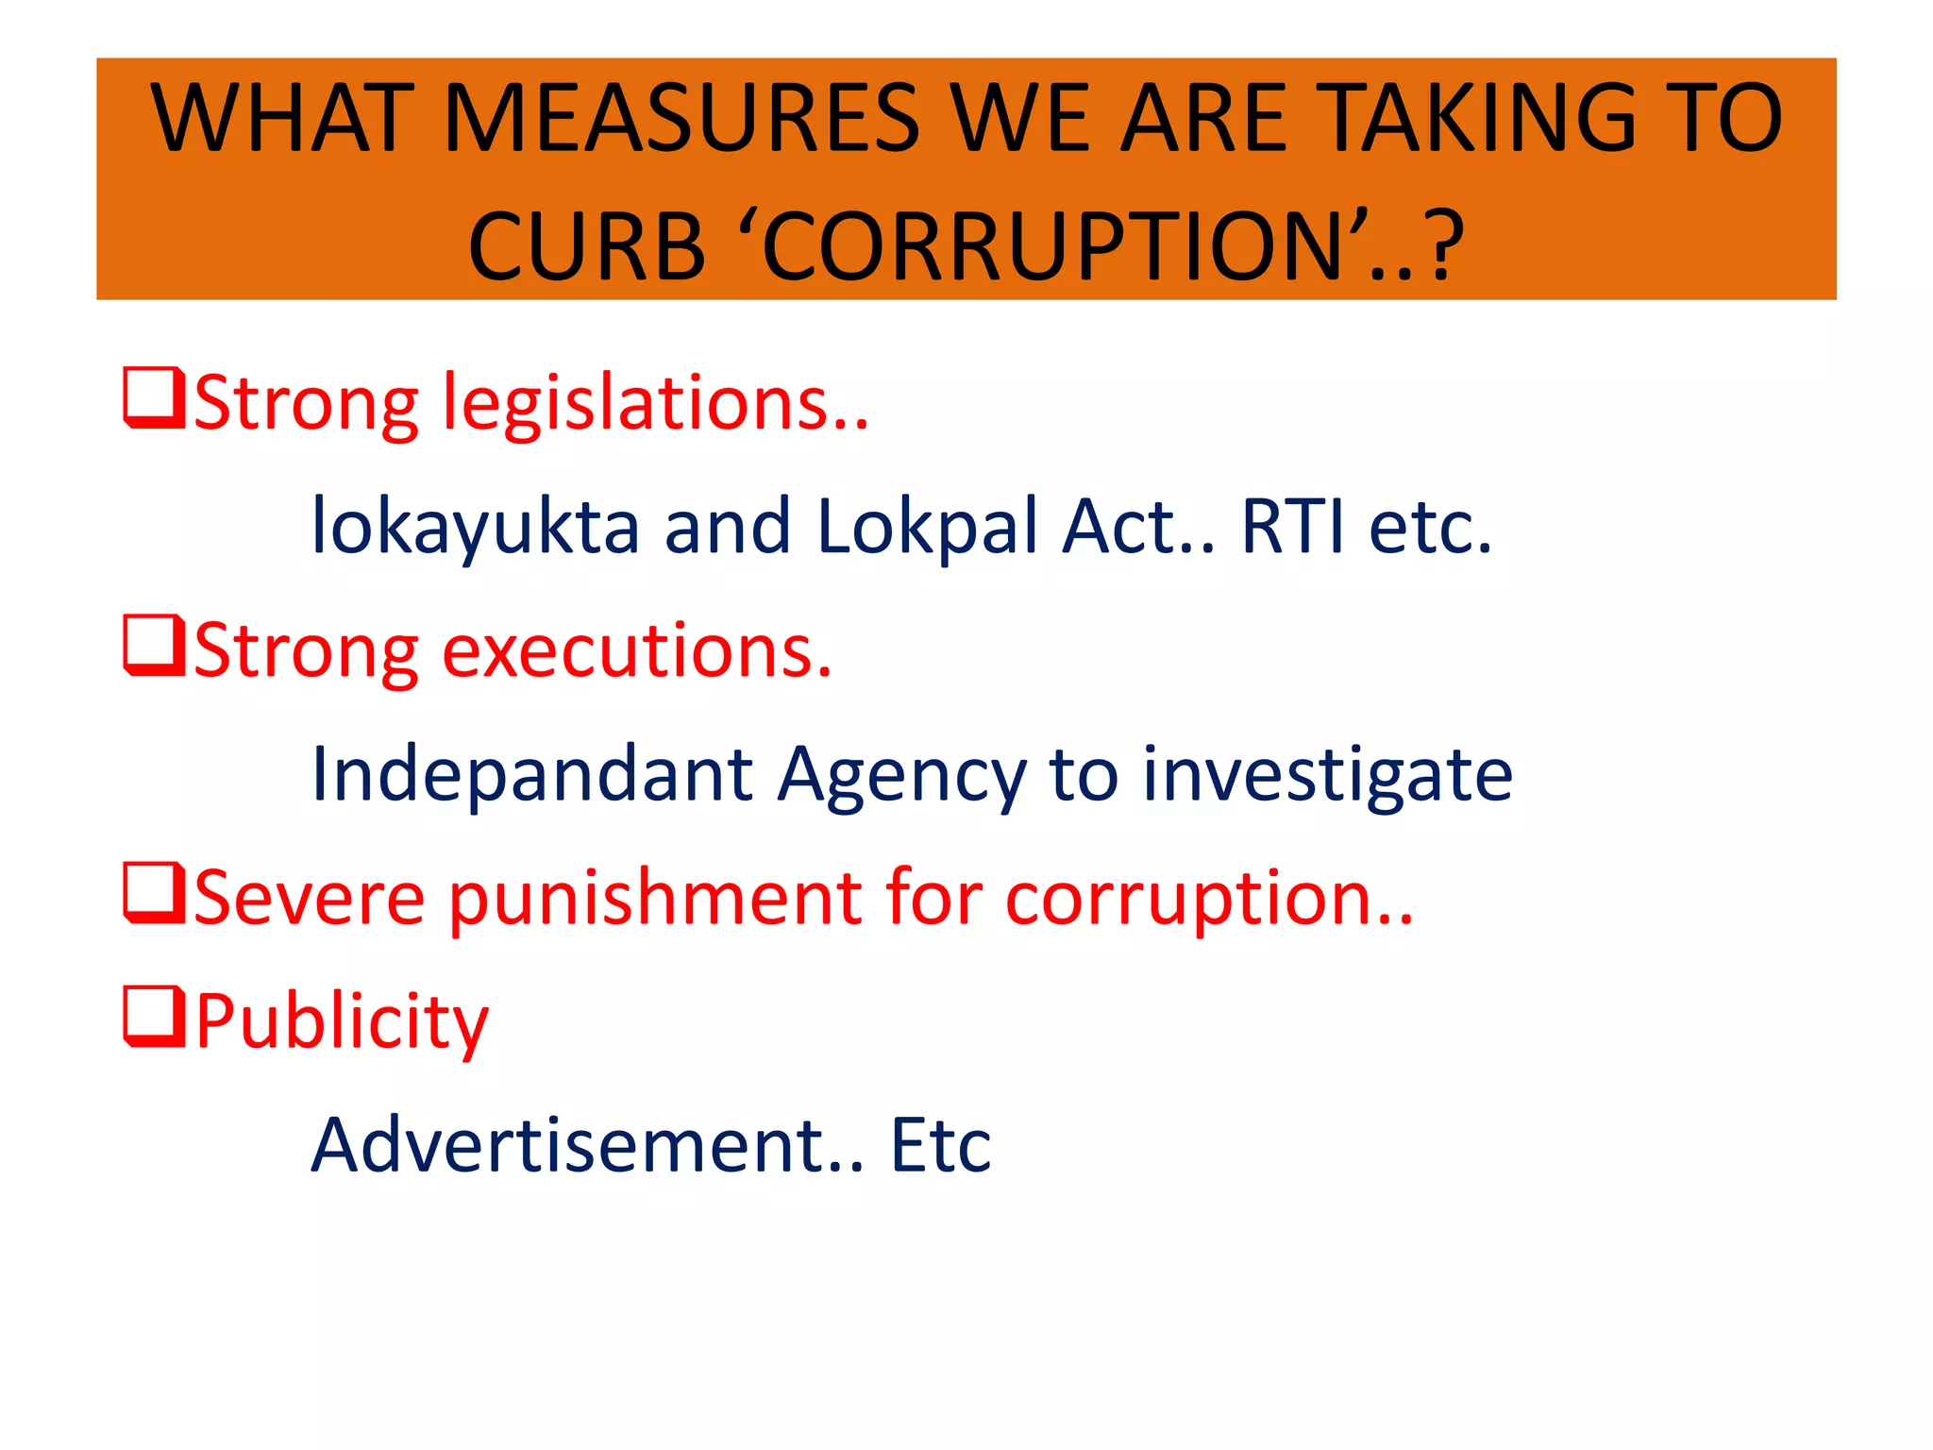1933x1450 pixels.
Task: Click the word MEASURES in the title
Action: click(x=681, y=118)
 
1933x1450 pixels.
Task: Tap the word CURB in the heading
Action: click(x=586, y=247)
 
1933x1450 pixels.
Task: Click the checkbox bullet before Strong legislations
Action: click(x=153, y=400)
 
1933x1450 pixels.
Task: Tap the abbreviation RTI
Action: click(x=1292, y=527)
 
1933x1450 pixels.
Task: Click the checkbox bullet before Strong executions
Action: click(x=153, y=648)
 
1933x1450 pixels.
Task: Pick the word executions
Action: click(x=637, y=651)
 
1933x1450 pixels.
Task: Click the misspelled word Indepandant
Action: click(x=531, y=774)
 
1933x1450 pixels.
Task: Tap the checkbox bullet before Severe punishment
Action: click(x=153, y=894)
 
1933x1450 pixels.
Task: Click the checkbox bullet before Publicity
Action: click(x=153, y=1018)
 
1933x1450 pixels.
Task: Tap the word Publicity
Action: click(x=343, y=1021)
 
